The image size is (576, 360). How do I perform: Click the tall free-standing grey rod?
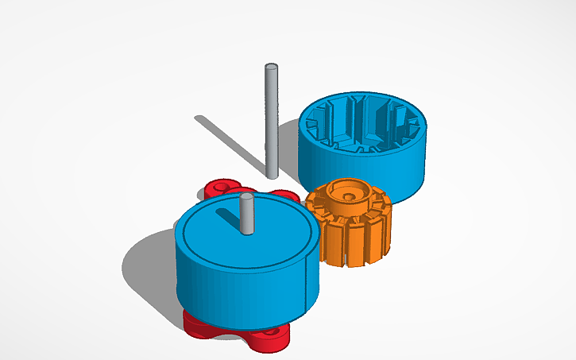pos(271,119)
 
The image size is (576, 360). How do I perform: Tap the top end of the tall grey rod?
pos(271,68)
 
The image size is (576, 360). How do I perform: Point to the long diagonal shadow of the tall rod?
pos(230,143)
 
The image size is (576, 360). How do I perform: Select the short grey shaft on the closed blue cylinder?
pos(247,215)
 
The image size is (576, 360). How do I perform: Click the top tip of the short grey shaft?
pos(247,196)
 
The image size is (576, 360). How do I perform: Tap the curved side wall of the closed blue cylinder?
pos(238,282)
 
